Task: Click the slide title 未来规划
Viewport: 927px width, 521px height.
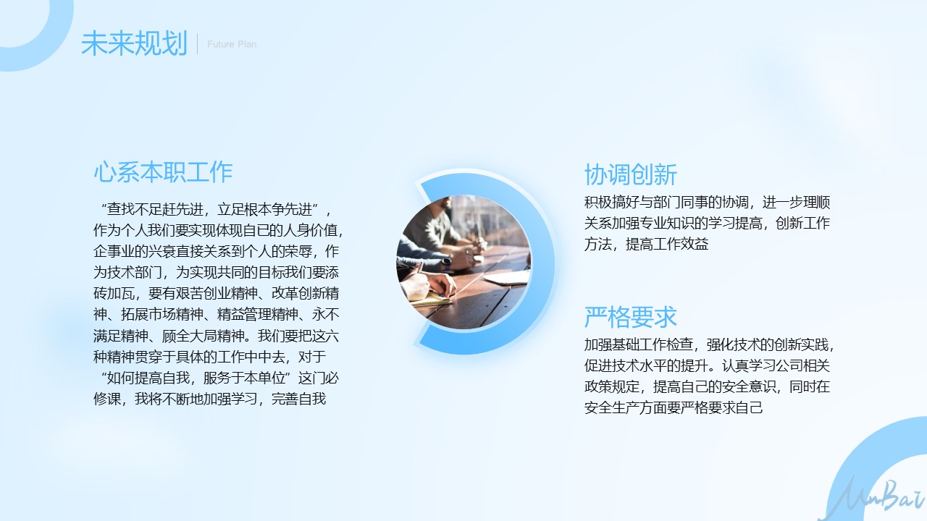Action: tap(135, 43)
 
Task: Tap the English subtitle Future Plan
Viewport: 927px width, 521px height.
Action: tap(232, 44)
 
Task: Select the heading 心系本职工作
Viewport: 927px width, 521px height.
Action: tap(163, 172)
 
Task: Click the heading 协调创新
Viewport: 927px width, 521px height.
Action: tap(630, 174)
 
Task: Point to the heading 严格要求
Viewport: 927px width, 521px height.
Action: tap(630, 317)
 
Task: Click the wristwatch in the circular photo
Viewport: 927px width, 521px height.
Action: tap(445, 262)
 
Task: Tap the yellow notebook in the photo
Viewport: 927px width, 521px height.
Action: tap(430, 299)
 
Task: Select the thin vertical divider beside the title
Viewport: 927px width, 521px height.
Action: tap(198, 44)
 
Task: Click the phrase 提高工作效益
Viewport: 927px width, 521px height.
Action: tap(667, 244)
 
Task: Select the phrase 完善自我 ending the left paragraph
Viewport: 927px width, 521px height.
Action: tap(299, 399)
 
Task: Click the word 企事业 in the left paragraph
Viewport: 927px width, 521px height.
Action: tap(114, 251)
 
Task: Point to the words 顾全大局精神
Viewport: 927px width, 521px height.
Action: tap(203, 335)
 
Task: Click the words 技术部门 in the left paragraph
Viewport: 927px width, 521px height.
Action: tap(135, 272)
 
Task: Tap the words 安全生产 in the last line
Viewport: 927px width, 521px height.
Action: tap(612, 407)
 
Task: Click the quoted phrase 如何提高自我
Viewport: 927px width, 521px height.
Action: tap(148, 378)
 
